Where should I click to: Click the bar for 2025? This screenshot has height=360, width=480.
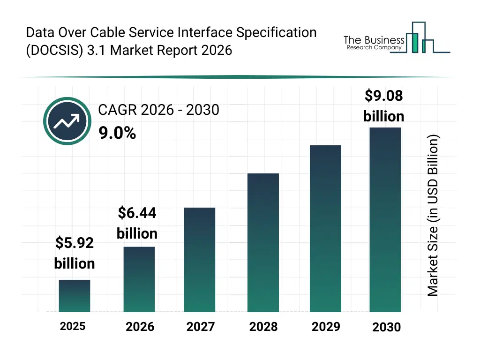75,296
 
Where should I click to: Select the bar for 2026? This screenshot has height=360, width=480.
139,279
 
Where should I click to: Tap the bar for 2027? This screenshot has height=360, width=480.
199,260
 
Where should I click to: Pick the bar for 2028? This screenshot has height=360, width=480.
263,242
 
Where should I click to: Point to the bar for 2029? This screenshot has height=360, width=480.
325,228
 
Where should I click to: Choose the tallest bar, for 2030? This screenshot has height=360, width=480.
385,219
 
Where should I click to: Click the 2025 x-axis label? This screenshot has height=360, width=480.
73,326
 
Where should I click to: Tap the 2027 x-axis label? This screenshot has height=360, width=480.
201,327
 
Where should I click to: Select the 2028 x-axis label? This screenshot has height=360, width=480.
263,327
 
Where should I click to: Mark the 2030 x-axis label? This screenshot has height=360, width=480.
387,327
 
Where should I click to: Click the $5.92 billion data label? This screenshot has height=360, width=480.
75,253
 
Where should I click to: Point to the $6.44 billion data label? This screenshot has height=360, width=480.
137,223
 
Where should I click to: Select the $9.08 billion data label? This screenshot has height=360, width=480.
384,106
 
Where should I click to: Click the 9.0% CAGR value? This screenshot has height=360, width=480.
117,134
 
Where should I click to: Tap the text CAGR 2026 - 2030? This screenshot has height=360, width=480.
158,110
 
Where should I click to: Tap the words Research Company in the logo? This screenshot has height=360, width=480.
374,48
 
